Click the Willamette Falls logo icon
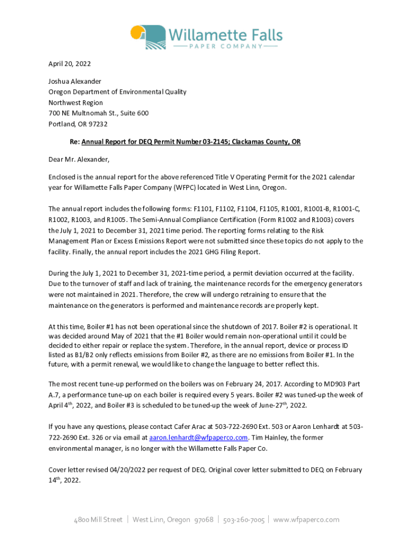[x=147, y=36]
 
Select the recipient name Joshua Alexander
[x=75, y=81]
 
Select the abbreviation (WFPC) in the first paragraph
[x=184, y=187]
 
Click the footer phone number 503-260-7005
[x=244, y=520]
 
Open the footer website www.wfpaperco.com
[x=306, y=520]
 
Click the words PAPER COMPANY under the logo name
[x=225, y=47]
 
